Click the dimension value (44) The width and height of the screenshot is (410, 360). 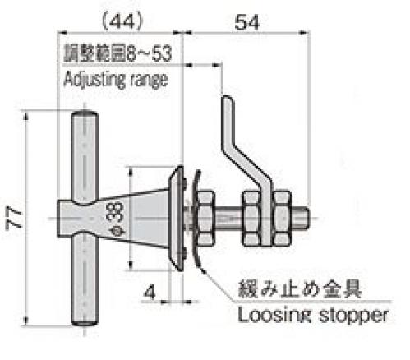point(122,22)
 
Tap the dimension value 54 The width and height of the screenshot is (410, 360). point(246,22)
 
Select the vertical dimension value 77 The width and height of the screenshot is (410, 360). point(14,219)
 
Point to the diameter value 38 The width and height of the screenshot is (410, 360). point(116,212)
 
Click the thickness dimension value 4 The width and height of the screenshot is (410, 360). point(150,292)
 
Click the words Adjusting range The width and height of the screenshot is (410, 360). point(115,80)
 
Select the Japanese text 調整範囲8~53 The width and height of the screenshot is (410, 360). point(117,53)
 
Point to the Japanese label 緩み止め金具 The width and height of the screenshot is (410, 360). point(300,289)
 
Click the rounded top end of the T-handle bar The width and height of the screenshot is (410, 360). point(85,113)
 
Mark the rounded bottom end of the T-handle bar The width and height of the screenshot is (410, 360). point(85,322)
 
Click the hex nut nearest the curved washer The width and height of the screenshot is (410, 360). point(205,218)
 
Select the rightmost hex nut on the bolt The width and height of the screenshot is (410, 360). point(282,218)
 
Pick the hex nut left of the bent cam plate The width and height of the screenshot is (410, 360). point(251,218)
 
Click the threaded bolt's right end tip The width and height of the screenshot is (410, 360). point(310,218)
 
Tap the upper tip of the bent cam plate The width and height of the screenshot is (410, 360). point(228,97)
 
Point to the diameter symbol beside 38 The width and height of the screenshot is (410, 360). point(117,230)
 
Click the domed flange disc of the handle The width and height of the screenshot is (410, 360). point(177,219)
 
